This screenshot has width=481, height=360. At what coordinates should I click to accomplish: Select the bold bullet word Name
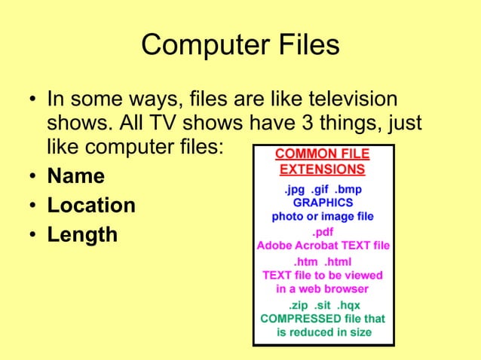tap(76, 177)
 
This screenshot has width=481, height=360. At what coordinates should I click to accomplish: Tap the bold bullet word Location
tap(91, 206)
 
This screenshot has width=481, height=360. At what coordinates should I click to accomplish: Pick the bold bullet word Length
tap(82, 235)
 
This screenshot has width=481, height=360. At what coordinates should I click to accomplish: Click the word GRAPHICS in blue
tap(322, 203)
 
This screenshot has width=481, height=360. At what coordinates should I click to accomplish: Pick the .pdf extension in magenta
tap(323, 232)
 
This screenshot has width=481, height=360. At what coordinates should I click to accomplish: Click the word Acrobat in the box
tap(317, 246)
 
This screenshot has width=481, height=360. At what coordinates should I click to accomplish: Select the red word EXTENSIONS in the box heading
tap(322, 169)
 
